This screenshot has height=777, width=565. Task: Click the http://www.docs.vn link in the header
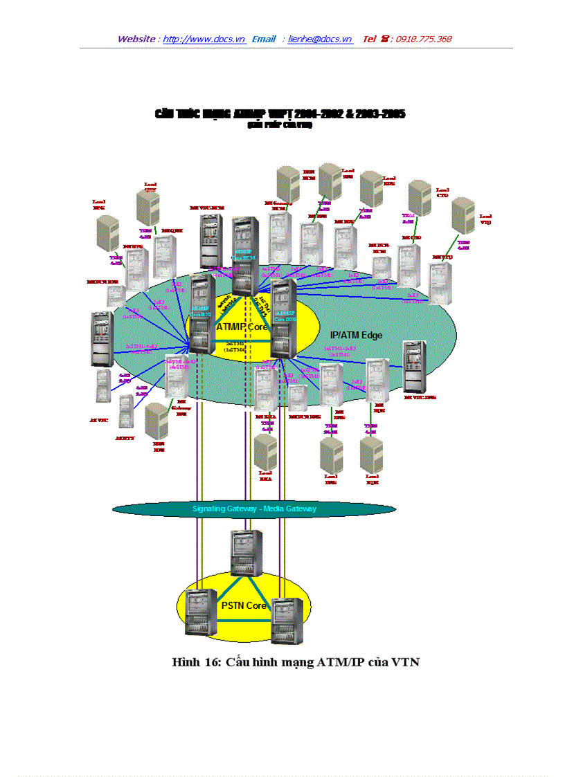[204, 39]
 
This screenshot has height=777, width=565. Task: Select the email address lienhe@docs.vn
[320, 39]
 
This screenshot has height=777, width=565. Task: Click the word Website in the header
[136, 39]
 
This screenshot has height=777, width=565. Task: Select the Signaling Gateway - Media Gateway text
[254, 509]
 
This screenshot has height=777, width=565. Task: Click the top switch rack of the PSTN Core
[246, 551]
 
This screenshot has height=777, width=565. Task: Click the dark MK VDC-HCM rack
[211, 241]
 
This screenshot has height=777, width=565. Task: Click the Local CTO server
[420, 196]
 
